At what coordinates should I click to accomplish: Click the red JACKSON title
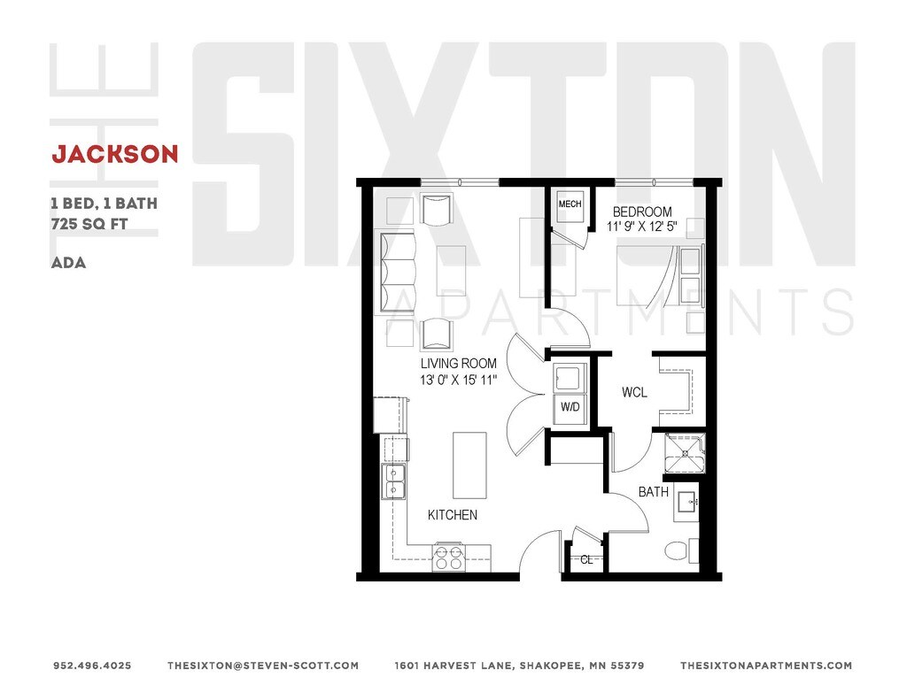pos(115,154)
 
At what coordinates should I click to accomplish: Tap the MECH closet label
pos(570,204)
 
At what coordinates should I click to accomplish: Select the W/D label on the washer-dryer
pos(569,408)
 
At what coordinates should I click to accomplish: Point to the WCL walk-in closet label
pos(633,392)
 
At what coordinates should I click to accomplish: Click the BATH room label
pos(654,491)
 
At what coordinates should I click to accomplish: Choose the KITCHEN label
pos(453,515)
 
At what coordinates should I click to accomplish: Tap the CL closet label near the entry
pos(586,559)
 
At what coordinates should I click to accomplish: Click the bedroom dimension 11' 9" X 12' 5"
pos(641,227)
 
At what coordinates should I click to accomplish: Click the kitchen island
pos(469,465)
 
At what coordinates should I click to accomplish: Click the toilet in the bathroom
pos(678,550)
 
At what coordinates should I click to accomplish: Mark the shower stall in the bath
pos(686,453)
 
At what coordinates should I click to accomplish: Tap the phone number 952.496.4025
pos(92,665)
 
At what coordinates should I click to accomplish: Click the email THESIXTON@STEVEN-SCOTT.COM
pos(263,665)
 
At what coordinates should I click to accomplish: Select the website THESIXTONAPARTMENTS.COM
pos(765,665)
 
